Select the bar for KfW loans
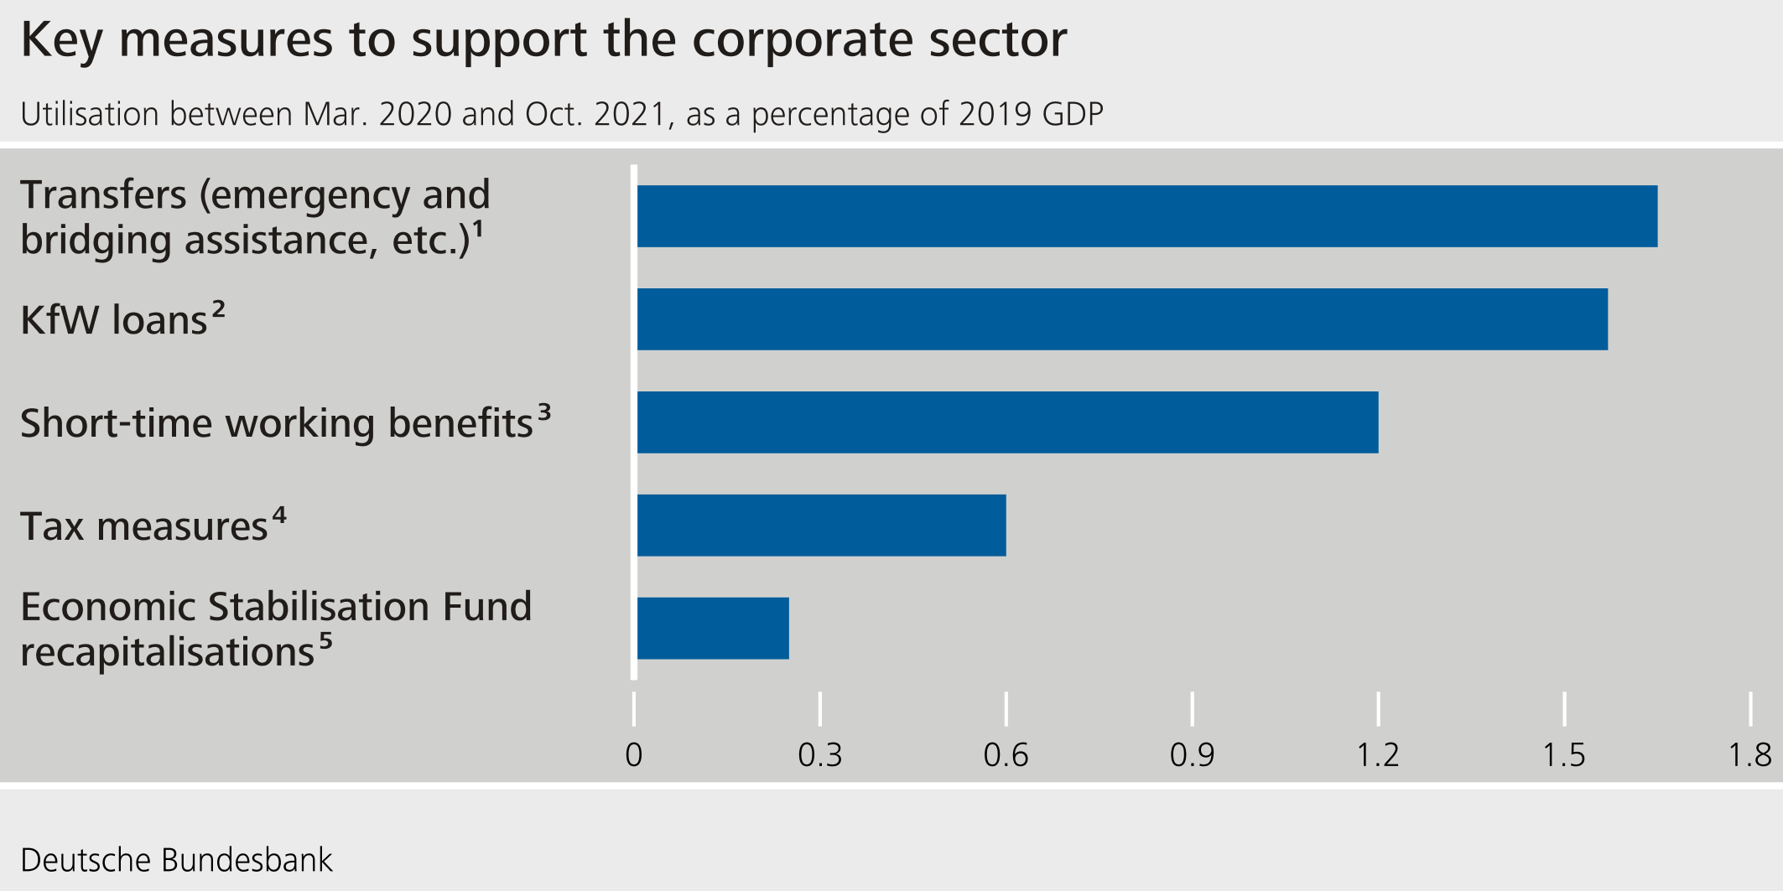(x=1122, y=319)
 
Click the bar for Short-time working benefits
(x=1007, y=422)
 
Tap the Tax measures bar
(x=821, y=526)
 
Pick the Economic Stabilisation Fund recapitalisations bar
(x=713, y=629)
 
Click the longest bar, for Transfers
(x=1146, y=216)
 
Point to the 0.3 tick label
(x=819, y=755)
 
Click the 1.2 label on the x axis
(x=1378, y=755)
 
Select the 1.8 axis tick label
(x=1749, y=755)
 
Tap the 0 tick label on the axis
(x=634, y=755)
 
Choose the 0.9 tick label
(x=1192, y=755)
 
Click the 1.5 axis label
(x=1564, y=755)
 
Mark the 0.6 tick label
(x=1006, y=755)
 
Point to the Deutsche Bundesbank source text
(x=176, y=860)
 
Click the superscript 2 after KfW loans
(x=218, y=309)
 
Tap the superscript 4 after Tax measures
(x=279, y=515)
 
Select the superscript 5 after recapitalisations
(x=325, y=641)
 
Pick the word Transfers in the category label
(x=104, y=194)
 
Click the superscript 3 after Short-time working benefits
(x=544, y=412)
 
